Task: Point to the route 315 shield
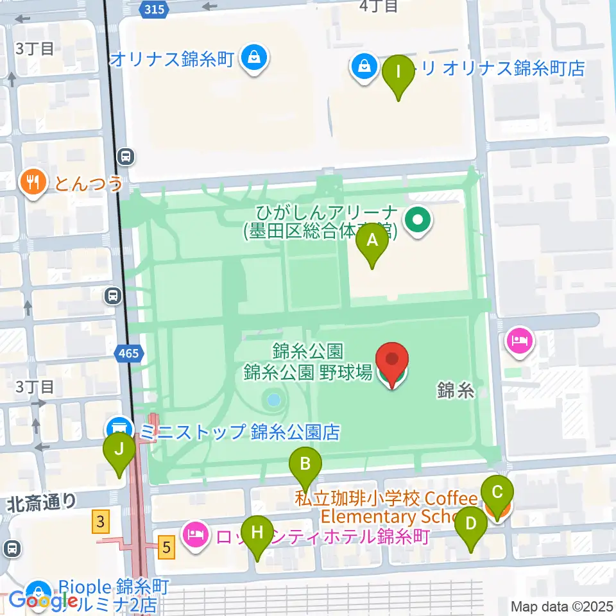coord(154,8)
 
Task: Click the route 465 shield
coord(127,352)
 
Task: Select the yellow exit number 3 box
coord(99,521)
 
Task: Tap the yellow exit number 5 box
coord(166,547)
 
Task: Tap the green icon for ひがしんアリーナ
coord(418,221)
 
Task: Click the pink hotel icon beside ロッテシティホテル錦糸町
coord(195,533)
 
